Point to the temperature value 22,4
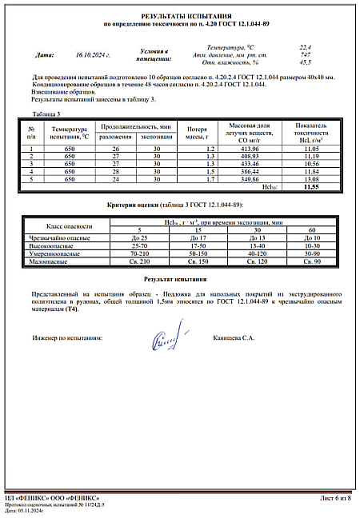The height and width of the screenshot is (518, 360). pyautogui.click(x=305, y=47)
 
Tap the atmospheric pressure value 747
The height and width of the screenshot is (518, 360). pyautogui.click(x=305, y=54)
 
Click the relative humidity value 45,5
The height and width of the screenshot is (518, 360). pyautogui.click(x=305, y=62)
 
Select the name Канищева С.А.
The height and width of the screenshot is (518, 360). pyautogui.click(x=234, y=338)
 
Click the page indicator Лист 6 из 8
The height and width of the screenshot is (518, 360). pyautogui.click(x=335, y=498)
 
